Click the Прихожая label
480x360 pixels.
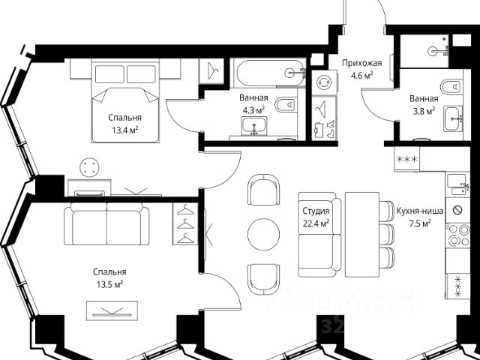point(361,63)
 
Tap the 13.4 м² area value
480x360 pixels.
point(125,130)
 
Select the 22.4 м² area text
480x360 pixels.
point(316,223)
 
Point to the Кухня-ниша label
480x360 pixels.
point(420,211)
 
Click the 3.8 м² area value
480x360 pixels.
point(424,111)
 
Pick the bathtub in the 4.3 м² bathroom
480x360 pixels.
point(268,73)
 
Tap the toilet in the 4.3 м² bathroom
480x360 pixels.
point(286,105)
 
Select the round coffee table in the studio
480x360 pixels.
point(263,235)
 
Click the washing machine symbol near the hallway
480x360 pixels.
point(324,82)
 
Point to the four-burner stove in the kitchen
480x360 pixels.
point(457,235)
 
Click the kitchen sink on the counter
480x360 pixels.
point(457,184)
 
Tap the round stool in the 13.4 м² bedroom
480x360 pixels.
point(89,167)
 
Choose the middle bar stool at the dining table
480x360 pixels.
point(387,235)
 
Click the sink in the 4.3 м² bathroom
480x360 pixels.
point(253,126)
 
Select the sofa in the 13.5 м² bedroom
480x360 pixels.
point(106,223)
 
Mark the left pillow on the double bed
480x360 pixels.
point(109,74)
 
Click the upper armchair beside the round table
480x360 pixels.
point(263,190)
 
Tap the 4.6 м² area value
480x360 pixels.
point(361,76)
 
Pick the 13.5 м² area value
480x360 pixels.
point(110,285)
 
